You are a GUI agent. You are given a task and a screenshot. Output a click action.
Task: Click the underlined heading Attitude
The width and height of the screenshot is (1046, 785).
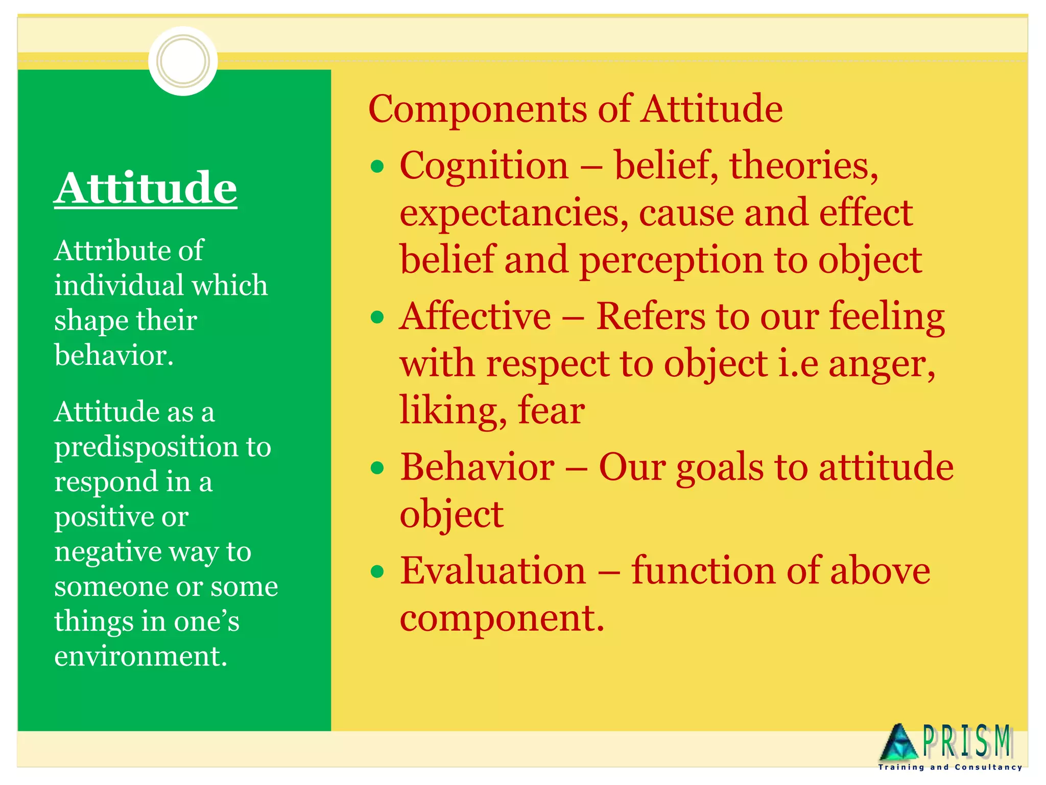coord(146,188)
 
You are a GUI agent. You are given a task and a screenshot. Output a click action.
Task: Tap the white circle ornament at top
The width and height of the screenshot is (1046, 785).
coord(183,61)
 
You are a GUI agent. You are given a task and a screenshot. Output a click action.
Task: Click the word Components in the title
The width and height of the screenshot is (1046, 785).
coord(478,109)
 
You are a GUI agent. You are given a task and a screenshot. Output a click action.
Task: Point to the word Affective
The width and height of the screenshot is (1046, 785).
coord(475,316)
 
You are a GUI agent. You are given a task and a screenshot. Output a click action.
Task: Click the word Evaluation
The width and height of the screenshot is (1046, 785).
coord(493,571)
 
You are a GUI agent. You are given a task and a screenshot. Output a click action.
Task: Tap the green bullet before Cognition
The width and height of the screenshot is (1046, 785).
coord(377,167)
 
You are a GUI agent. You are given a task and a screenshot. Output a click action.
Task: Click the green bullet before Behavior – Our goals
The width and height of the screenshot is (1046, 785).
coord(377,468)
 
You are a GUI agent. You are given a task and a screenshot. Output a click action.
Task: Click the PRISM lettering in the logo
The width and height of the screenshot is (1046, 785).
coord(967,741)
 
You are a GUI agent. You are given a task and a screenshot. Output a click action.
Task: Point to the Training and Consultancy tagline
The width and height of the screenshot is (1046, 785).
coord(950,767)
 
